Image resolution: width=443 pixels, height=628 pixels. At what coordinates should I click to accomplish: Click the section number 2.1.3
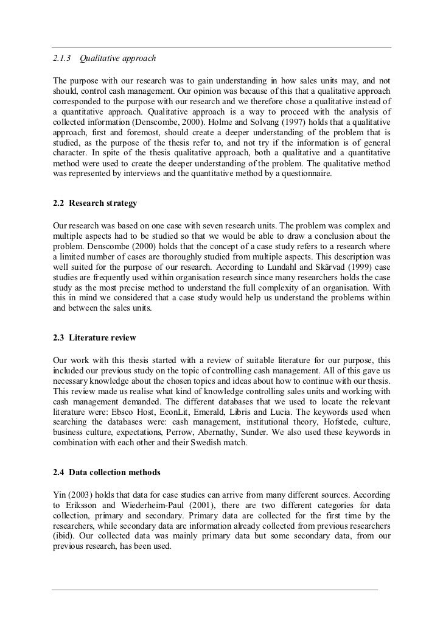tap(61, 58)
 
